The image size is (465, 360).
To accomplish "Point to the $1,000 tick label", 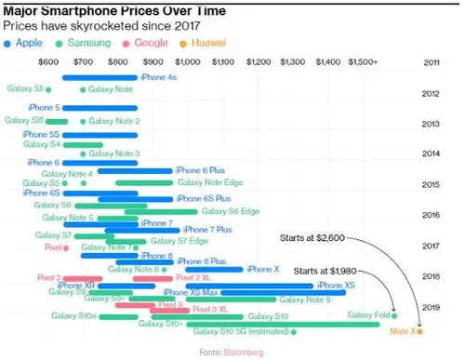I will [x=187, y=61].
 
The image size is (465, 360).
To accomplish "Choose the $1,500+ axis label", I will [x=362, y=61].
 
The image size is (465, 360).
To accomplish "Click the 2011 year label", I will [x=431, y=61].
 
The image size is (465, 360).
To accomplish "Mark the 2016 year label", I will [x=431, y=215].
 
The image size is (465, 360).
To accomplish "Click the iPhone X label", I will [x=263, y=269].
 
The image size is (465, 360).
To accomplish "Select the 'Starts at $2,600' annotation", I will [x=312, y=238].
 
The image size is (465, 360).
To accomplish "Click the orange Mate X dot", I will [x=420, y=330].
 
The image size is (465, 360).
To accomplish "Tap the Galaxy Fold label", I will [x=367, y=316].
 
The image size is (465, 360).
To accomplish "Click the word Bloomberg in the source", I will [x=244, y=352].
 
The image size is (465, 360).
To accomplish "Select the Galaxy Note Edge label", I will [x=210, y=183].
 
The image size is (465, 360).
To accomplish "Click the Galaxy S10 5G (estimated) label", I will [x=241, y=331].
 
